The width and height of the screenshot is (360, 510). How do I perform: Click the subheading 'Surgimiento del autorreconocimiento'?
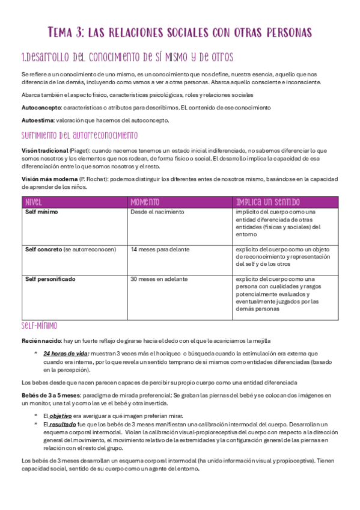click(79, 135)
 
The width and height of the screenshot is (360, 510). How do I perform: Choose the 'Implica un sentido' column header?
click(268, 202)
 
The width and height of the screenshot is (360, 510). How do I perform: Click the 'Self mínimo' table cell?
click(41, 212)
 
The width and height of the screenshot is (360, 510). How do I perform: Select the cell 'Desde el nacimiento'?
click(157, 212)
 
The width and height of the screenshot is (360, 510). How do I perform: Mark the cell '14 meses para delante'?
click(160, 248)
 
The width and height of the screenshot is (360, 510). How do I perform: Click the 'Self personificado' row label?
click(50, 279)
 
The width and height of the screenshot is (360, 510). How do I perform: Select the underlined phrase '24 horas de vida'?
click(66, 354)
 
